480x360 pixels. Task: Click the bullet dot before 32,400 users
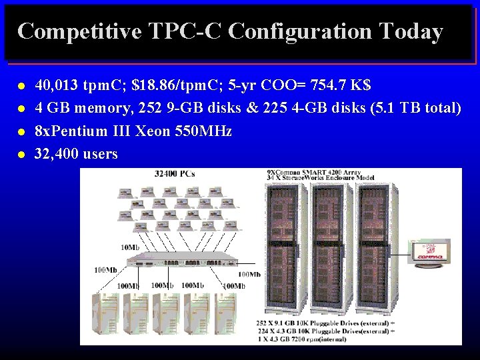pos(22,155)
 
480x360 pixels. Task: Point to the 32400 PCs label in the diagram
pos(175,174)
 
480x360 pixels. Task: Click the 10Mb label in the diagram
pos(130,247)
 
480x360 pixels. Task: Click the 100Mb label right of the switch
pos(249,274)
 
